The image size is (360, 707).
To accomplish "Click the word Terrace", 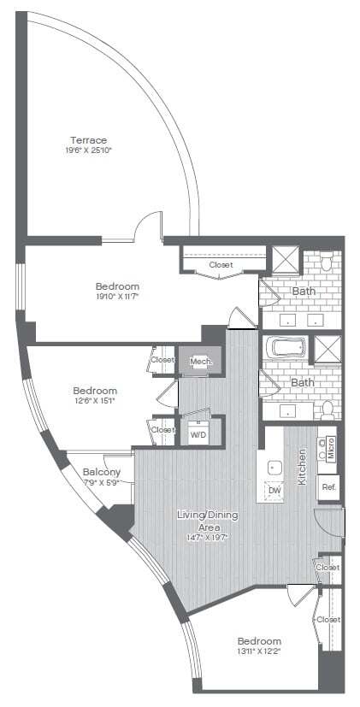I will [89, 139].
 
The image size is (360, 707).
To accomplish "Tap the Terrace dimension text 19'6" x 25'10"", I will [89, 150].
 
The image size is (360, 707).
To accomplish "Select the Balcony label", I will [101, 472].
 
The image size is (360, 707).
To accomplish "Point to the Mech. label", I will [199, 362].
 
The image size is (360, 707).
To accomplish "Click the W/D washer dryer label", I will [198, 434].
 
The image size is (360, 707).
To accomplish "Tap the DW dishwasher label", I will [274, 490].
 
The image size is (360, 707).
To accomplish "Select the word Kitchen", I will [302, 468].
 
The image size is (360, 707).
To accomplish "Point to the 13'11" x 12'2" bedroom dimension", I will [260, 652].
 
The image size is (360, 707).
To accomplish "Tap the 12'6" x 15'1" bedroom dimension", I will [93, 399].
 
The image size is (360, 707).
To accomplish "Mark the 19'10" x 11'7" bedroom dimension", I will [118, 298].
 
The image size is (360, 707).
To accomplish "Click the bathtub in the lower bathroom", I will [284, 348].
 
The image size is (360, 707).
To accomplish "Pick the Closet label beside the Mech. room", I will [162, 360].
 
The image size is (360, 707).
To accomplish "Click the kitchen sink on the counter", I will [275, 468].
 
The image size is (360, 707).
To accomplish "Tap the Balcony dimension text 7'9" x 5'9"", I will [101, 483].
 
